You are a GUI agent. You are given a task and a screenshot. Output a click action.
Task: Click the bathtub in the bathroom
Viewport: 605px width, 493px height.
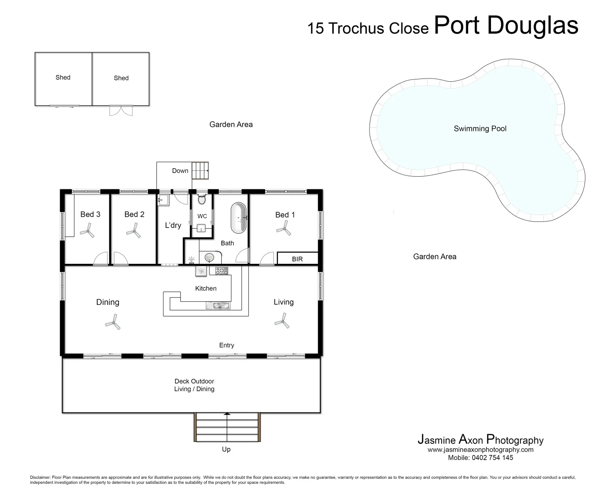point(239,218)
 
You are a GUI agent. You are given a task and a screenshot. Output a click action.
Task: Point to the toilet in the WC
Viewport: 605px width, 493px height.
point(202,200)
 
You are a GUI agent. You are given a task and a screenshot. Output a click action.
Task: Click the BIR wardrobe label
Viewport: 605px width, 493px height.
point(297,259)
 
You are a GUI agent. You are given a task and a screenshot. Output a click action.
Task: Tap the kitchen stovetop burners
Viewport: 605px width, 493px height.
point(222,271)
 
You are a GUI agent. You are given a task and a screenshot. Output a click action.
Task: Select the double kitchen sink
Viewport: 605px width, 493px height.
point(218,306)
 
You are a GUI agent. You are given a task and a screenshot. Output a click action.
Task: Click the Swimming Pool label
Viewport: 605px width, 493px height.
point(480,129)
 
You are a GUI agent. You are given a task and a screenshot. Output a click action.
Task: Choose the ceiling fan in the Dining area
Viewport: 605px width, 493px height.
point(113,324)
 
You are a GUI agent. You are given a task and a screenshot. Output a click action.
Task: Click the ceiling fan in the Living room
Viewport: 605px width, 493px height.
point(282,322)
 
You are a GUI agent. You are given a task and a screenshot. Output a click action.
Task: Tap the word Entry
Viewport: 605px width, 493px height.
point(226,346)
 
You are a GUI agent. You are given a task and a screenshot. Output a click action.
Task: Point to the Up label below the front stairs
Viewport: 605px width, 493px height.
point(226,449)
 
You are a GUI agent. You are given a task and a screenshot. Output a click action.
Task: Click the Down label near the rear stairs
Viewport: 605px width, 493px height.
point(180,171)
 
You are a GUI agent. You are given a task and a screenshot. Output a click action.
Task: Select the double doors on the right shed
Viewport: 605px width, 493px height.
point(121,110)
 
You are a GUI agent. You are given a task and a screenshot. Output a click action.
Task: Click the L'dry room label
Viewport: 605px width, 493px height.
point(173,225)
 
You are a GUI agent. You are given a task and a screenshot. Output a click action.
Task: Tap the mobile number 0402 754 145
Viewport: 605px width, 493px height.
point(480,458)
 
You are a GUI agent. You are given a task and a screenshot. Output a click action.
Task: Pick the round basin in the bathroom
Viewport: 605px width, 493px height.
point(209,258)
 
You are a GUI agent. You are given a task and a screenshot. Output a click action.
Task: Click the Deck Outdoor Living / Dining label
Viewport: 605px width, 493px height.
point(194,385)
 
